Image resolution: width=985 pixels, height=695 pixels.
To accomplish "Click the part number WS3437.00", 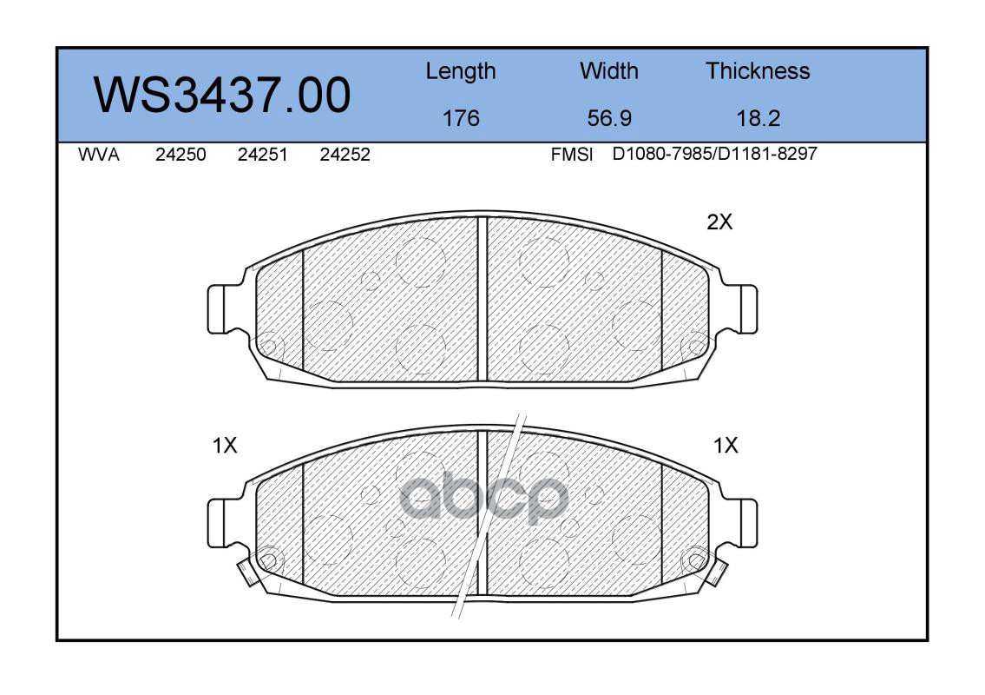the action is (222, 95).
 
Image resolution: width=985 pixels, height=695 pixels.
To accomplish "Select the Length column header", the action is (461, 72).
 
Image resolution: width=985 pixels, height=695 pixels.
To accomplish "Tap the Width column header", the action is (608, 70).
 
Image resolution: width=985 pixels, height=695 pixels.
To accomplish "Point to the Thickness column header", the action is (758, 70).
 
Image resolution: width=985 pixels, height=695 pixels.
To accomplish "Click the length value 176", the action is (461, 118).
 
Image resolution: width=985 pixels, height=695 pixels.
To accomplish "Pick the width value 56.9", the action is (609, 118).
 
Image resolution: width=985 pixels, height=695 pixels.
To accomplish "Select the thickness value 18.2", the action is (758, 118).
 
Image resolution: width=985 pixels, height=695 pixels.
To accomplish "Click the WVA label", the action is (99, 155).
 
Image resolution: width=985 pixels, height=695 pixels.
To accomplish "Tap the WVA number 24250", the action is (181, 155).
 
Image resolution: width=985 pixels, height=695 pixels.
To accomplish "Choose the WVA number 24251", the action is (263, 155).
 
